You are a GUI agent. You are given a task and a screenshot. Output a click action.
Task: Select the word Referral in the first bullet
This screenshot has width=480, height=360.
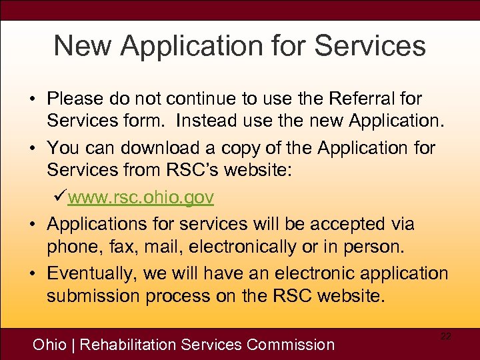360,99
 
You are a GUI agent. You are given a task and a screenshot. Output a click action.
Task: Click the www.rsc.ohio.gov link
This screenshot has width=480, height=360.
141,197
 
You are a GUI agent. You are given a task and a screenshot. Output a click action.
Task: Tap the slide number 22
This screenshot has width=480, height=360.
445,337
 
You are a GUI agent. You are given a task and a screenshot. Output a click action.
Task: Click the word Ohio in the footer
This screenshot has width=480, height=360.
50,345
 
